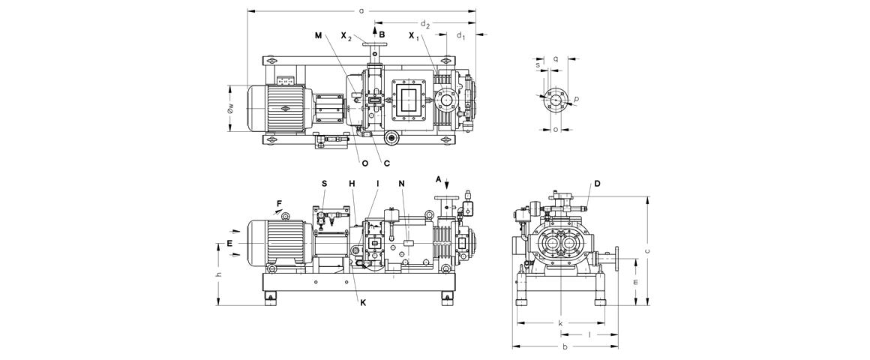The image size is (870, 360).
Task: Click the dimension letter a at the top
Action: tap(361, 10)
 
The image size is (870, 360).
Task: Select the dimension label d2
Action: tap(425, 24)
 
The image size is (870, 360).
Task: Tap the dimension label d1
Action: tap(460, 36)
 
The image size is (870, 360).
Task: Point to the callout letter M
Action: tap(319, 35)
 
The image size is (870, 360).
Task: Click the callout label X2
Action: tap(346, 36)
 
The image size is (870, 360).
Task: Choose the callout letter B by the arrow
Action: tap(382, 34)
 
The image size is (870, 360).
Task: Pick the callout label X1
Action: tap(414, 36)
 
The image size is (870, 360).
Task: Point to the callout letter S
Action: tap(325, 183)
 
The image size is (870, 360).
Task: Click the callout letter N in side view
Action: tap(402, 183)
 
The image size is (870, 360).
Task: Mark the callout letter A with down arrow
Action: tap(439, 179)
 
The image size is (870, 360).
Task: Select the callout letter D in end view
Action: tap(598, 184)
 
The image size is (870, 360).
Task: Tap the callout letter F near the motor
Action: tap(279, 202)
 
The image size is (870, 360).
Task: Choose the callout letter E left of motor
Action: tap(230, 243)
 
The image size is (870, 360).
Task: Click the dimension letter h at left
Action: tap(218, 275)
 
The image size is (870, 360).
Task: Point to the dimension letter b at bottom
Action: tap(565, 347)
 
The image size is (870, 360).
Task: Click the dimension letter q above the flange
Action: tap(556, 57)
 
